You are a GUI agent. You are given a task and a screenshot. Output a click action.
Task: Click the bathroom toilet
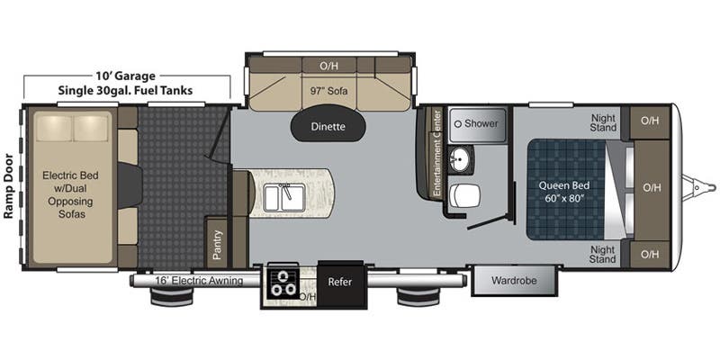(x=466, y=194)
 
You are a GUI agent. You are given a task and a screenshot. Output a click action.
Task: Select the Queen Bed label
(x=563, y=192)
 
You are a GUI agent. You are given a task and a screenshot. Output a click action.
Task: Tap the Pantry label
(x=217, y=243)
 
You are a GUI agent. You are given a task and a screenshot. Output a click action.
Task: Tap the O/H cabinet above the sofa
(x=328, y=66)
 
